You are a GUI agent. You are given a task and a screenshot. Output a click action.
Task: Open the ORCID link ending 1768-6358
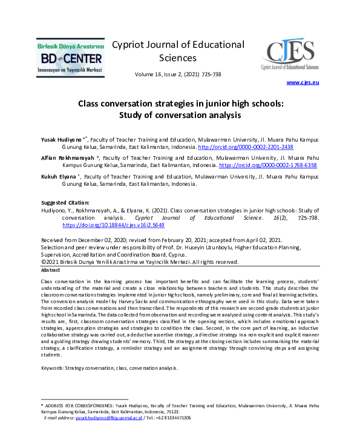[x=267, y=165]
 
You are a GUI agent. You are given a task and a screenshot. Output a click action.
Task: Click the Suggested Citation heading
[x=65, y=202]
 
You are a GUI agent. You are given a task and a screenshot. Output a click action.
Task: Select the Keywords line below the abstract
[x=109, y=368]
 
